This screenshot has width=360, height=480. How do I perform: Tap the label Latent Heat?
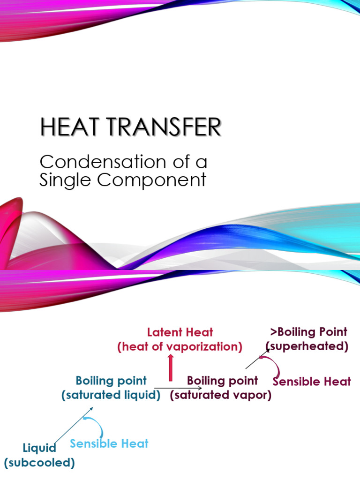click(x=180, y=332)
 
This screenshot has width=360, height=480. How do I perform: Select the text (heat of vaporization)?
click(x=180, y=347)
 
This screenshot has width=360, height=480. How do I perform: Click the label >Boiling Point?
click(x=308, y=332)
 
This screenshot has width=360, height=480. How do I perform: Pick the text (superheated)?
click(x=307, y=347)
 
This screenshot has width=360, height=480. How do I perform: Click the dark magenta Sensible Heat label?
click(x=312, y=382)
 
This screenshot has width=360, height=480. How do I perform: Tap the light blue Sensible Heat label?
click(x=109, y=443)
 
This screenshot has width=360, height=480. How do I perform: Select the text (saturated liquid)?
click(x=111, y=395)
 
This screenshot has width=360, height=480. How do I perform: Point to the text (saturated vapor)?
click(x=221, y=395)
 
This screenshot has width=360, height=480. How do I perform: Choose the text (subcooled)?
click(x=40, y=463)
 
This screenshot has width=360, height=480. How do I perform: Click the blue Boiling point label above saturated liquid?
click(x=111, y=381)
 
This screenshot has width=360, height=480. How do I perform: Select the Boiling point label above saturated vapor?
click(x=222, y=380)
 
